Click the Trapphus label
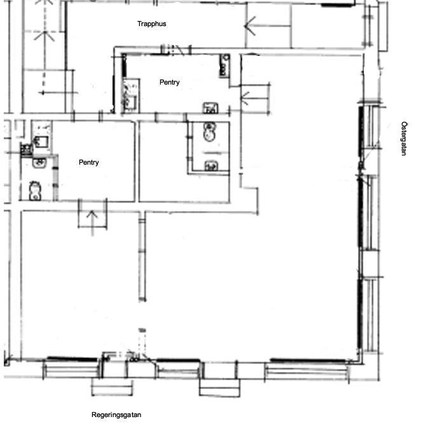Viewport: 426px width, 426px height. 151,24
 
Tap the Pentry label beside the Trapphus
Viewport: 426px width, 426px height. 170,82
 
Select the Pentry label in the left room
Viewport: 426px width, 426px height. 88,163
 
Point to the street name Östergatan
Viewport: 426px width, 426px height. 404,139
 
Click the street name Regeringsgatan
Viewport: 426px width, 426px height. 116,415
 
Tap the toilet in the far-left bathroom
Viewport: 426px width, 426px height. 35,191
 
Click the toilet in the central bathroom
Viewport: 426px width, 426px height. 209,132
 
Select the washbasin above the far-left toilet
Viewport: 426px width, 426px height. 39,163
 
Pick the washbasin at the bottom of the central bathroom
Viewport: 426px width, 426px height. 211,165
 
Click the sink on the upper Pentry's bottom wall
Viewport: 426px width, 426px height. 210,108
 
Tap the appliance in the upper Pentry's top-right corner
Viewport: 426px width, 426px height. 224,65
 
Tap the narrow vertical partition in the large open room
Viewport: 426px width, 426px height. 142,256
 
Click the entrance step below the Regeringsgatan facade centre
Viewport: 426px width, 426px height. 219,388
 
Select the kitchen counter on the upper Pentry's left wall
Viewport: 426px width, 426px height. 131,95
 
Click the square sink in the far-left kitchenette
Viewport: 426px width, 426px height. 41,142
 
